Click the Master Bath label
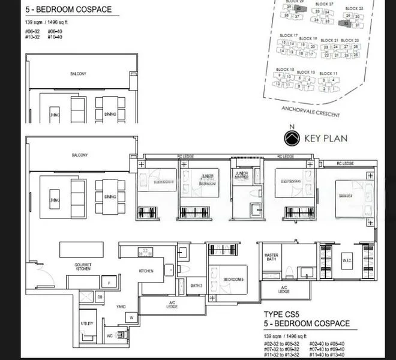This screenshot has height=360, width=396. [x=271, y=257]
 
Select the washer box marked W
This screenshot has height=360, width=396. [x=131, y=317]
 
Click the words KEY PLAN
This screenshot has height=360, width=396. [x=326, y=139]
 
